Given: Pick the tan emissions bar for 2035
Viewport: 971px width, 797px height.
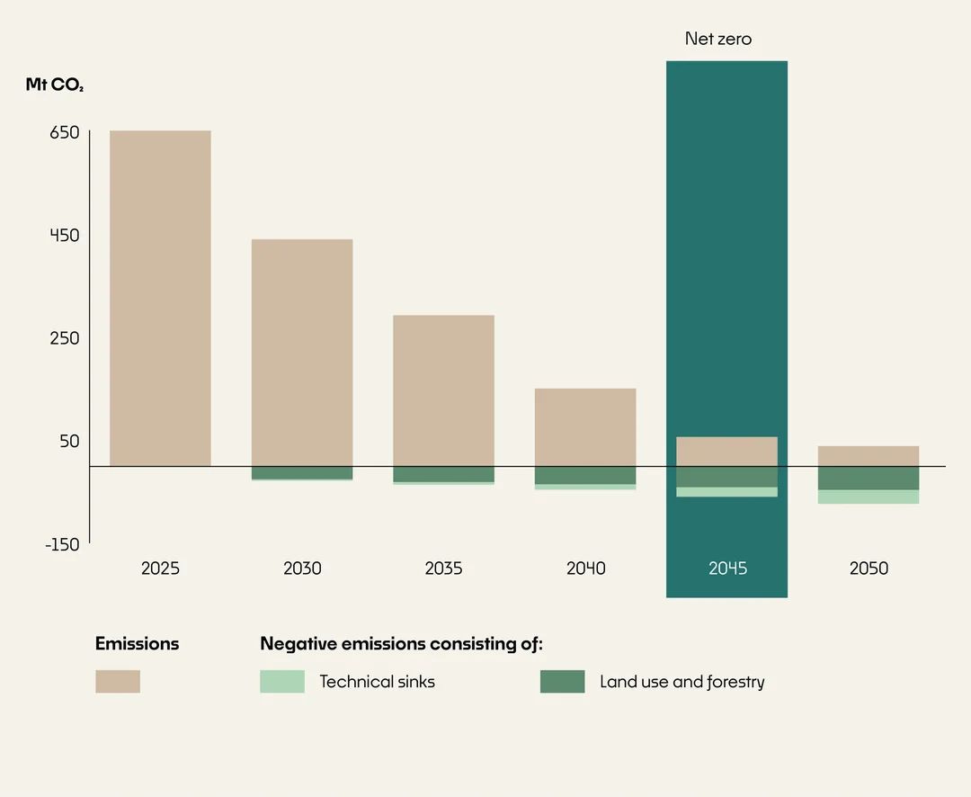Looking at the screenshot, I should tap(443, 390).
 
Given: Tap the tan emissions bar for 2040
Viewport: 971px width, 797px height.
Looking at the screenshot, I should tap(585, 427).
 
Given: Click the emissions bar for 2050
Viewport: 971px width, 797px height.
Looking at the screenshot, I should tap(868, 456).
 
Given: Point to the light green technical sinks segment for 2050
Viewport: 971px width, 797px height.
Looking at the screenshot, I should tap(868, 497).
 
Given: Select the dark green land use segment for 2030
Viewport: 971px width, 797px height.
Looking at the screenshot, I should tap(301, 472).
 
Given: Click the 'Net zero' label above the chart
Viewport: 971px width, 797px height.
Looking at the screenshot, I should tap(717, 39).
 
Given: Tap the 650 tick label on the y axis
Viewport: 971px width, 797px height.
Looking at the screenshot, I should tap(65, 132).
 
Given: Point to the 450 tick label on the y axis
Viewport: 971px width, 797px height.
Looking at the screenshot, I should tap(65, 236).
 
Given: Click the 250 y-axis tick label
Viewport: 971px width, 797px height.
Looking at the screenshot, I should tap(65, 338).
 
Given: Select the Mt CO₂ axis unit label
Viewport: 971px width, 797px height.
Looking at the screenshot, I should tap(54, 85).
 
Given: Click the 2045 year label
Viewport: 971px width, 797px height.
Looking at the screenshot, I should tap(727, 569).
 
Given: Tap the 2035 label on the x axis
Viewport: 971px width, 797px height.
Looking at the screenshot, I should tap(443, 569).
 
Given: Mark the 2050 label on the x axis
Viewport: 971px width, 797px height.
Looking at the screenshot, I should tap(868, 569).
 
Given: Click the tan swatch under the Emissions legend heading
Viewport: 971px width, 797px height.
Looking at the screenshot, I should tap(118, 681).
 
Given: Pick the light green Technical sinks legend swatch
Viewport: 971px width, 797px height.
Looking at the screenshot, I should tap(282, 681).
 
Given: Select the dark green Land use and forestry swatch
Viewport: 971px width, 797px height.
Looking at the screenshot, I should tap(562, 681).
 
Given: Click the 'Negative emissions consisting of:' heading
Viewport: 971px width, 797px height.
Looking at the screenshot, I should tap(401, 644).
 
